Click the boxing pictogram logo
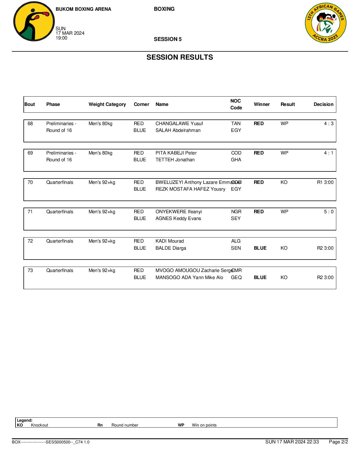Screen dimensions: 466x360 click(x=34, y=21)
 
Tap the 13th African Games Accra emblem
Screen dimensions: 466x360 click(x=326, y=23)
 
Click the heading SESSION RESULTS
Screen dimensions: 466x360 click(x=180, y=57)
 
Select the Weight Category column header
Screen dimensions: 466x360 click(x=107, y=104)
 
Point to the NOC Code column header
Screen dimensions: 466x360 click(x=236, y=104)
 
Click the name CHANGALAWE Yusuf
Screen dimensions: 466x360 click(x=179, y=124)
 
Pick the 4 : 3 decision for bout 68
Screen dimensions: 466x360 click(x=328, y=124)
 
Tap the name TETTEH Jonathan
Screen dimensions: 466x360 click(x=175, y=160)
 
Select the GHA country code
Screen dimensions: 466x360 click(x=236, y=160)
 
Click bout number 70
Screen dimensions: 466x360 click(x=30, y=182)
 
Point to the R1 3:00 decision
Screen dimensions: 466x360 click(x=325, y=182)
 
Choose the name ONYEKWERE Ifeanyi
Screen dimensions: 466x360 click(x=178, y=212)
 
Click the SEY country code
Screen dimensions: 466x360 click(x=236, y=219)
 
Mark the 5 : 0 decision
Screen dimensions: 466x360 click(x=328, y=212)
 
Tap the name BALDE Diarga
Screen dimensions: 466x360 click(x=171, y=248)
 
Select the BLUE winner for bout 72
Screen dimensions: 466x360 click(x=260, y=248)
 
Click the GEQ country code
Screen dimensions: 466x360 click(x=236, y=278)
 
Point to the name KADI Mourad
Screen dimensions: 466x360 click(x=169, y=241)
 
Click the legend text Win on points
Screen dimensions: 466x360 click(x=204, y=425)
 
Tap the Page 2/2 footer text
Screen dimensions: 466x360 click(x=338, y=442)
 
